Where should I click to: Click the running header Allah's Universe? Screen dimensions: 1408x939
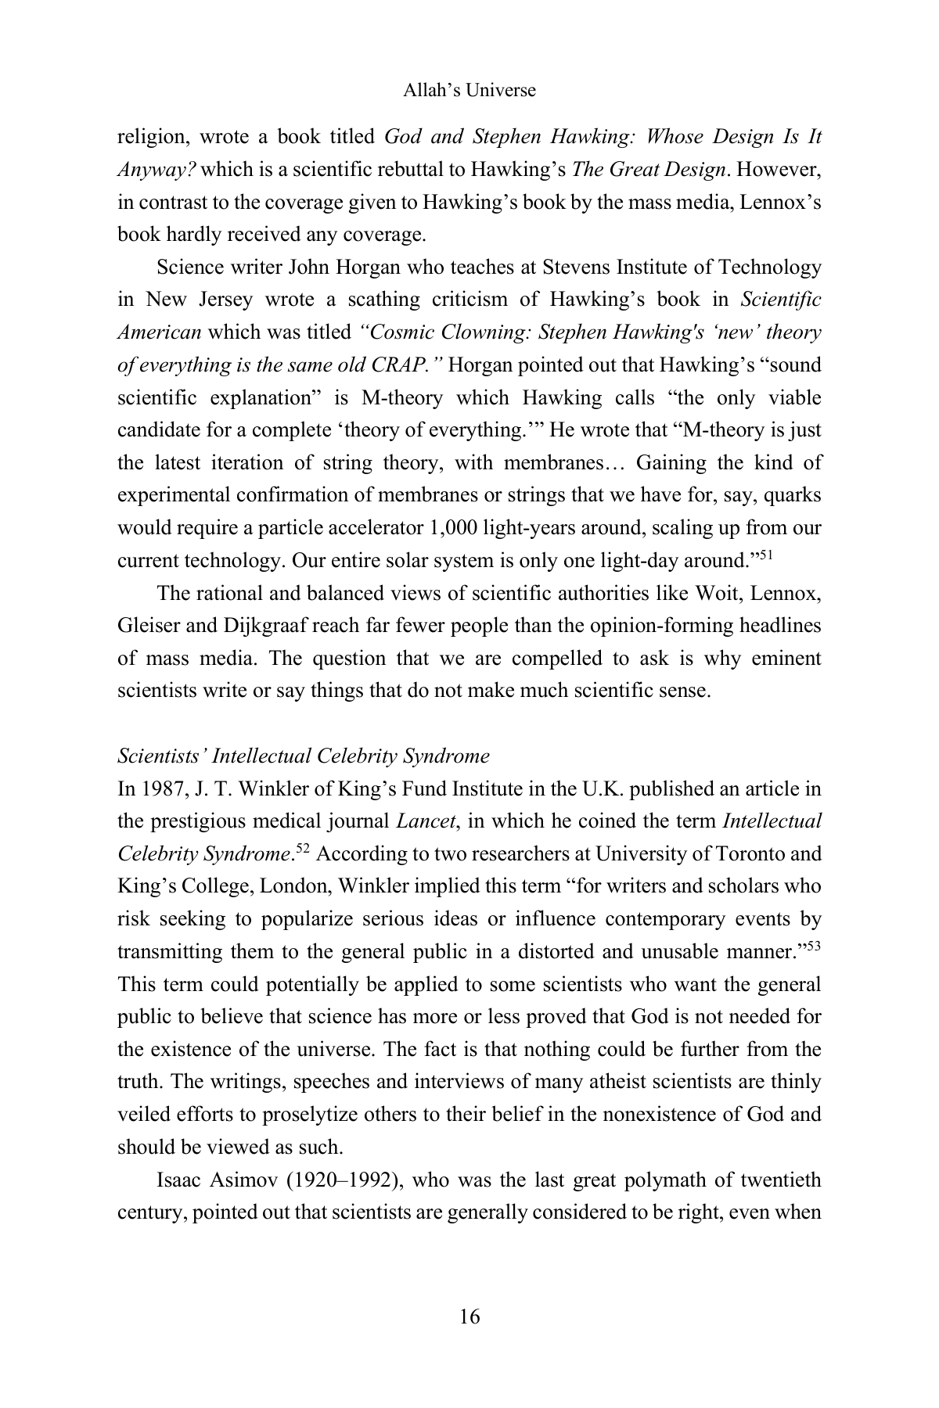pyautogui.click(x=469, y=91)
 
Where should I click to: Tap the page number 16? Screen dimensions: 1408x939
pyautogui.click(x=469, y=1316)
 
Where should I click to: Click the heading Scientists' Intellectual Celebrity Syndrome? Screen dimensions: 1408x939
pyautogui.click(x=303, y=756)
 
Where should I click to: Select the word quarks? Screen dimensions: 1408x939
pyautogui.click(x=793, y=496)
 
